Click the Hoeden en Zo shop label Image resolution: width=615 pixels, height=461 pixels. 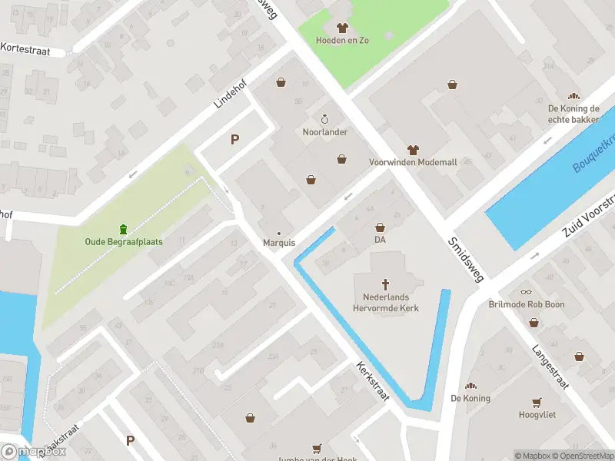(342, 40)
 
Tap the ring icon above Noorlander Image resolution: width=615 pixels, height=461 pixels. (324, 119)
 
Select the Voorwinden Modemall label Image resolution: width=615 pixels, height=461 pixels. (413, 163)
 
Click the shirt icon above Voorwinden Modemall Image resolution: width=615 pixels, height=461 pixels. (413, 150)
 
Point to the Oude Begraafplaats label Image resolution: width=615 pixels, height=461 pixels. (123, 242)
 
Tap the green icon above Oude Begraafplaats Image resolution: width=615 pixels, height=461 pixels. (123, 229)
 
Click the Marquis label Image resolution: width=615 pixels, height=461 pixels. (279, 243)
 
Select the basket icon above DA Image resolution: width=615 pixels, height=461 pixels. (380, 227)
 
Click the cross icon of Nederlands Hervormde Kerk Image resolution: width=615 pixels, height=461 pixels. (386, 284)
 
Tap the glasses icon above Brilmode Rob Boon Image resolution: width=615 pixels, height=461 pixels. (526, 292)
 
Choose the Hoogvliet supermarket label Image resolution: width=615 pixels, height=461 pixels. (537, 414)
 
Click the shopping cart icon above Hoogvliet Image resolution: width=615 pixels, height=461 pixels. (537, 401)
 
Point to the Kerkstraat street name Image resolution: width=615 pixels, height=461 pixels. (373, 382)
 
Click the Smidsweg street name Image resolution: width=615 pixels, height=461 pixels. (465, 259)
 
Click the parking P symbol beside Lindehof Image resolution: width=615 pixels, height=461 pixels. (235, 139)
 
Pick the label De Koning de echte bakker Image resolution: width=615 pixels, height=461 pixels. (573, 114)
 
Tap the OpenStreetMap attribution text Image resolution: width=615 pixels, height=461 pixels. (584, 456)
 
